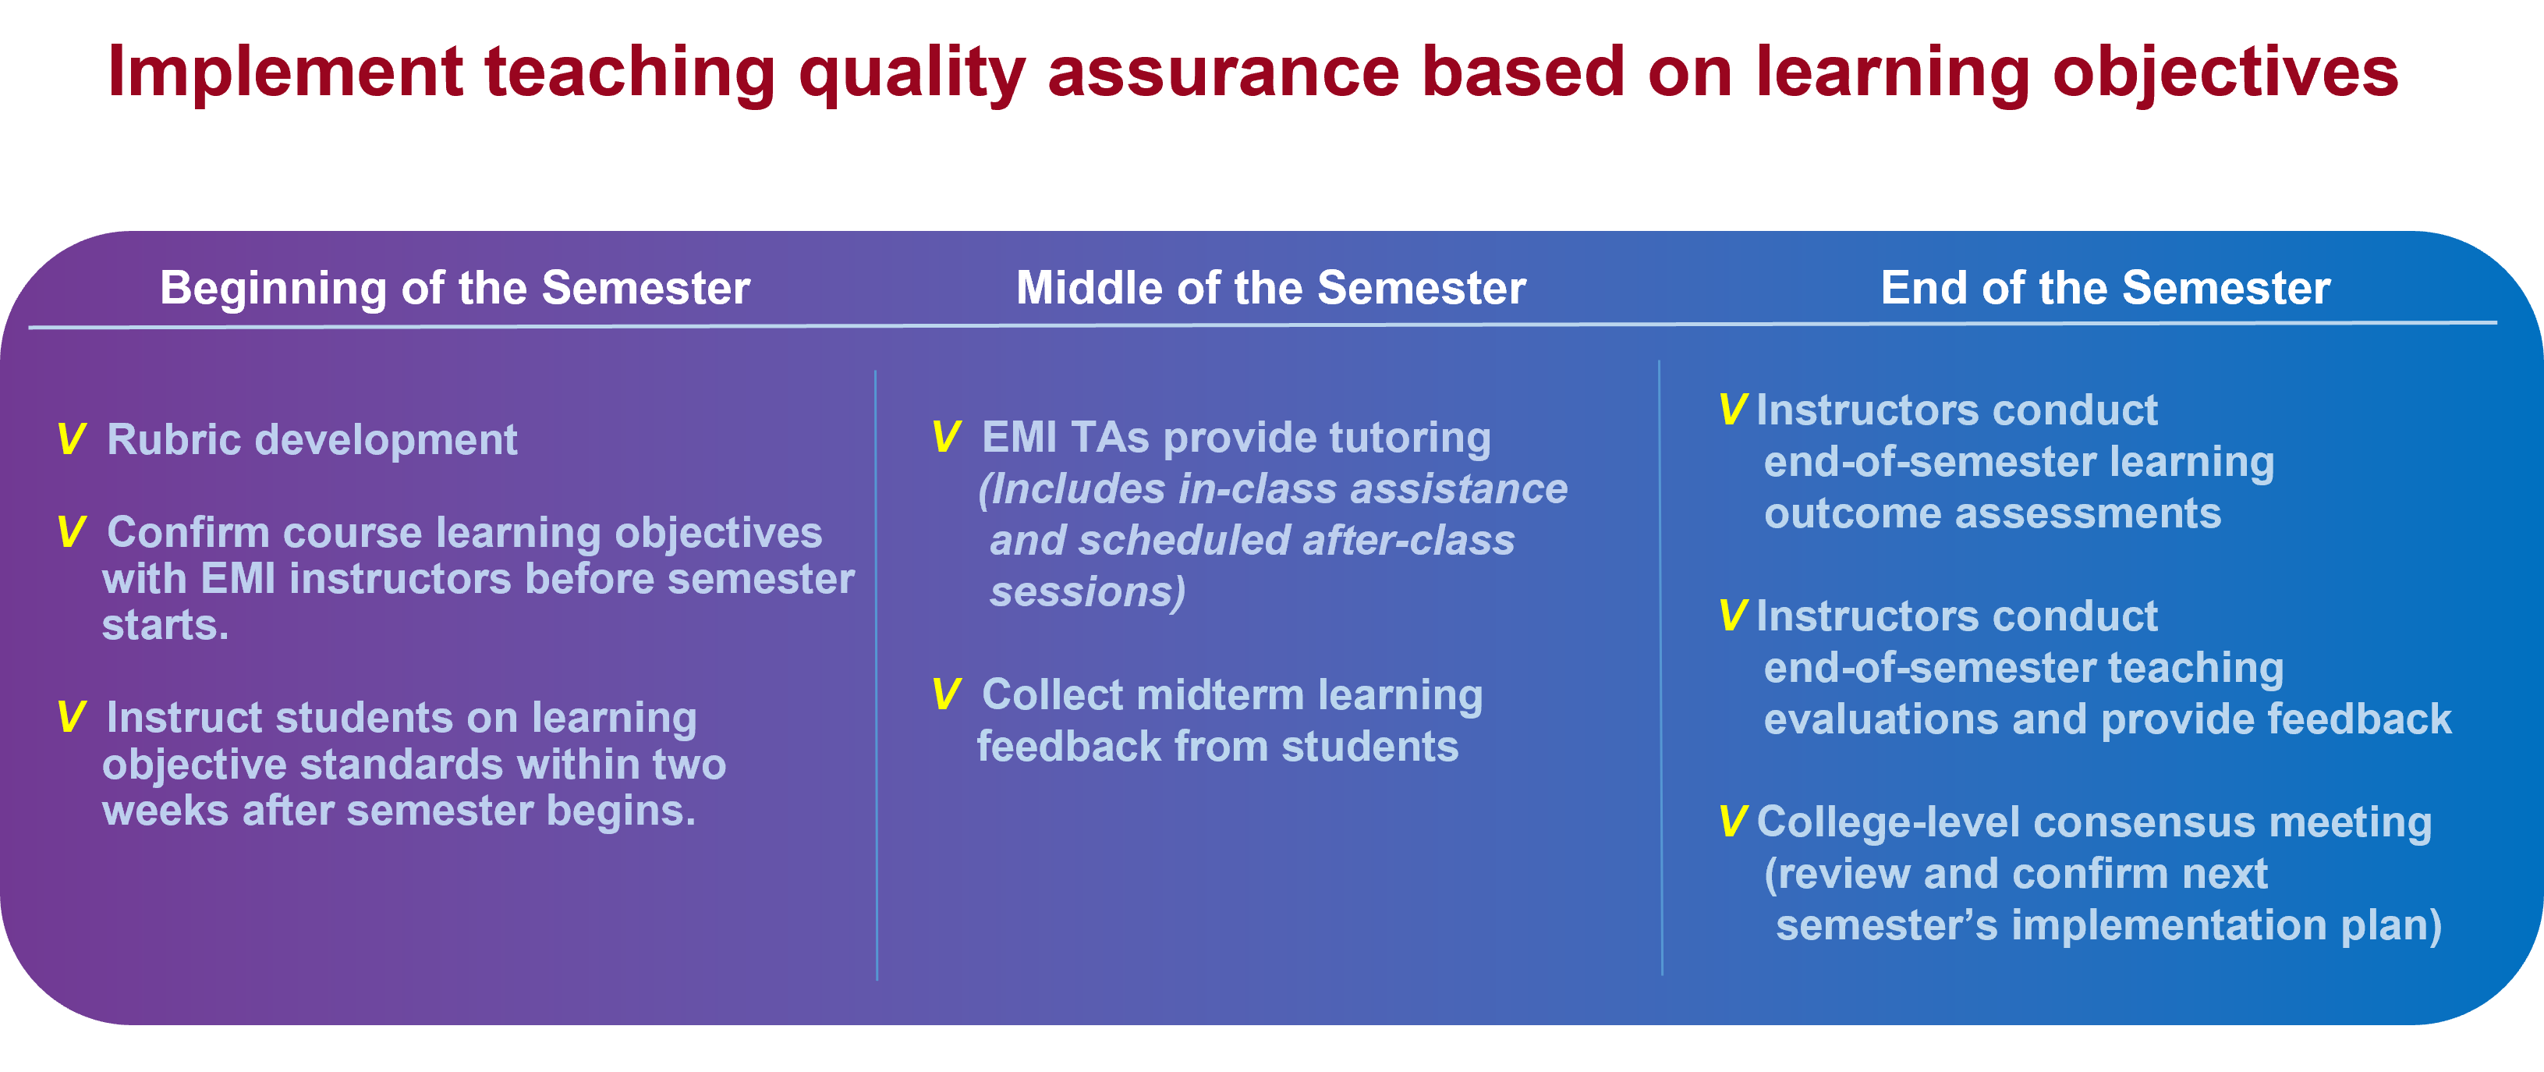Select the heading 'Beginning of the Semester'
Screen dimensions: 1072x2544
pyautogui.click(x=455, y=289)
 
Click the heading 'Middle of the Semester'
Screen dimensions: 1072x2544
pyautogui.click(x=1271, y=289)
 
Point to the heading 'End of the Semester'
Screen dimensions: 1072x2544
pyautogui.click(x=2106, y=289)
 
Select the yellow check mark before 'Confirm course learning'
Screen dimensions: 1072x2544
pyautogui.click(x=71, y=533)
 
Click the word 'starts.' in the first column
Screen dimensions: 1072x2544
pyautogui.click(x=165, y=626)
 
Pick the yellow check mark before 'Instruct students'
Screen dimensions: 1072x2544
pyautogui.click(x=71, y=717)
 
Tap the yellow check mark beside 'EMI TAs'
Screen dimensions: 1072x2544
pyautogui.click(x=946, y=438)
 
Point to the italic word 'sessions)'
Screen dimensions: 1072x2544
pyautogui.click(x=1086, y=593)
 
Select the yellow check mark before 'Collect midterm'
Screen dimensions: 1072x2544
pyautogui.click(x=946, y=694)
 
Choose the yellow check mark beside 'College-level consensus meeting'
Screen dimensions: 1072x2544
pyautogui.click(x=1732, y=822)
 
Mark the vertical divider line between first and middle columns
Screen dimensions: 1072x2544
pyautogui.click(x=876, y=672)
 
